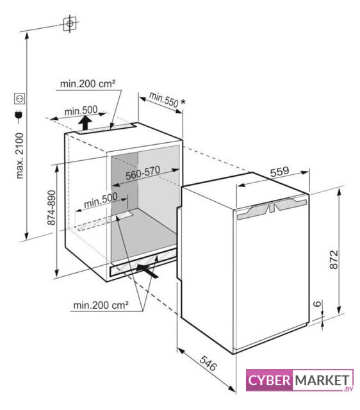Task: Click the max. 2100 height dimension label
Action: pos(20,156)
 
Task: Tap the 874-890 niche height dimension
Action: pos(51,208)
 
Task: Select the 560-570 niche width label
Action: pos(143,173)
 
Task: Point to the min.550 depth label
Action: pos(163,100)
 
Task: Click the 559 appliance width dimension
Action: pos(279,172)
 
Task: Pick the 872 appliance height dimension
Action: pos(334,259)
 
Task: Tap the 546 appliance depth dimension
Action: pos(208,363)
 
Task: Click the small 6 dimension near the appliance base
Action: pos(317,304)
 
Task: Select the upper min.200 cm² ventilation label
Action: pos(88,84)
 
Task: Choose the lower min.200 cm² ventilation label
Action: pos(101,305)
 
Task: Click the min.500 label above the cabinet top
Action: pos(81,111)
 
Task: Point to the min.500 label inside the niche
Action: pos(101,201)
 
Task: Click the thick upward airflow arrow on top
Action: pos(85,122)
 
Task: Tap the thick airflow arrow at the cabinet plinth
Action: pos(148,270)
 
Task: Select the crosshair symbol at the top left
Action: pos(70,24)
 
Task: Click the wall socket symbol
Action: pos(20,99)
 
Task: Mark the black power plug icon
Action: pos(19,117)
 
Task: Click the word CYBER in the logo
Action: pos(270,380)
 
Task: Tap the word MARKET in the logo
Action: pos(322,380)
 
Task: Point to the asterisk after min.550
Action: pos(183,102)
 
